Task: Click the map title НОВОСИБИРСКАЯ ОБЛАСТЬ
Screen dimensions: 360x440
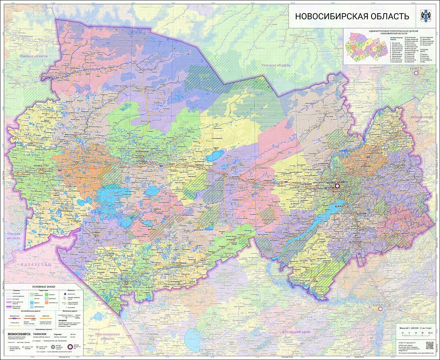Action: [352, 16]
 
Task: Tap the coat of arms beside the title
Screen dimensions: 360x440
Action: [427, 16]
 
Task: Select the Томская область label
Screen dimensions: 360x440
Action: [275, 65]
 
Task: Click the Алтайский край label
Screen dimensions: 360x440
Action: [296, 331]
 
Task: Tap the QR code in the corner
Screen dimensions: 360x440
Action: [429, 345]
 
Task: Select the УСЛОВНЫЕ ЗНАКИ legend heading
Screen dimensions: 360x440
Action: [44, 286]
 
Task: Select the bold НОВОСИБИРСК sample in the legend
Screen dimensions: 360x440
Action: [19, 334]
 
